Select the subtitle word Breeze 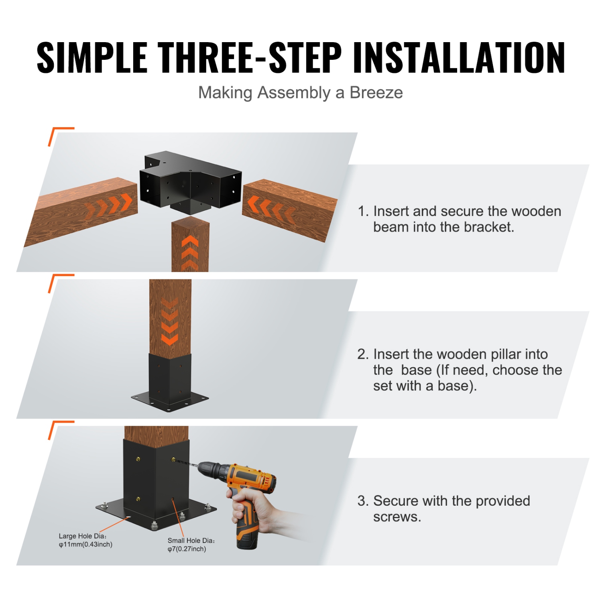[376, 93]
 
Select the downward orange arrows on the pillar [169, 321]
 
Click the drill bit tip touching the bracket [177, 460]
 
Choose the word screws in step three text [397, 517]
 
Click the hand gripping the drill [257, 508]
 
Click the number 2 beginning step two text [362, 354]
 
